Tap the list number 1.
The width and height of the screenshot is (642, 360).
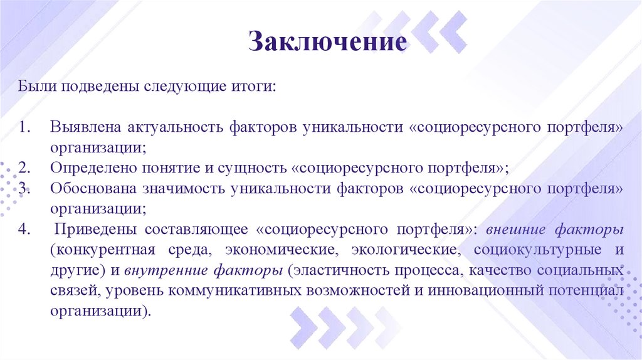(x=23, y=127)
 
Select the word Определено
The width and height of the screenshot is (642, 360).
(x=96, y=168)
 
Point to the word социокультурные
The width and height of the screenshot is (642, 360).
(x=535, y=250)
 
